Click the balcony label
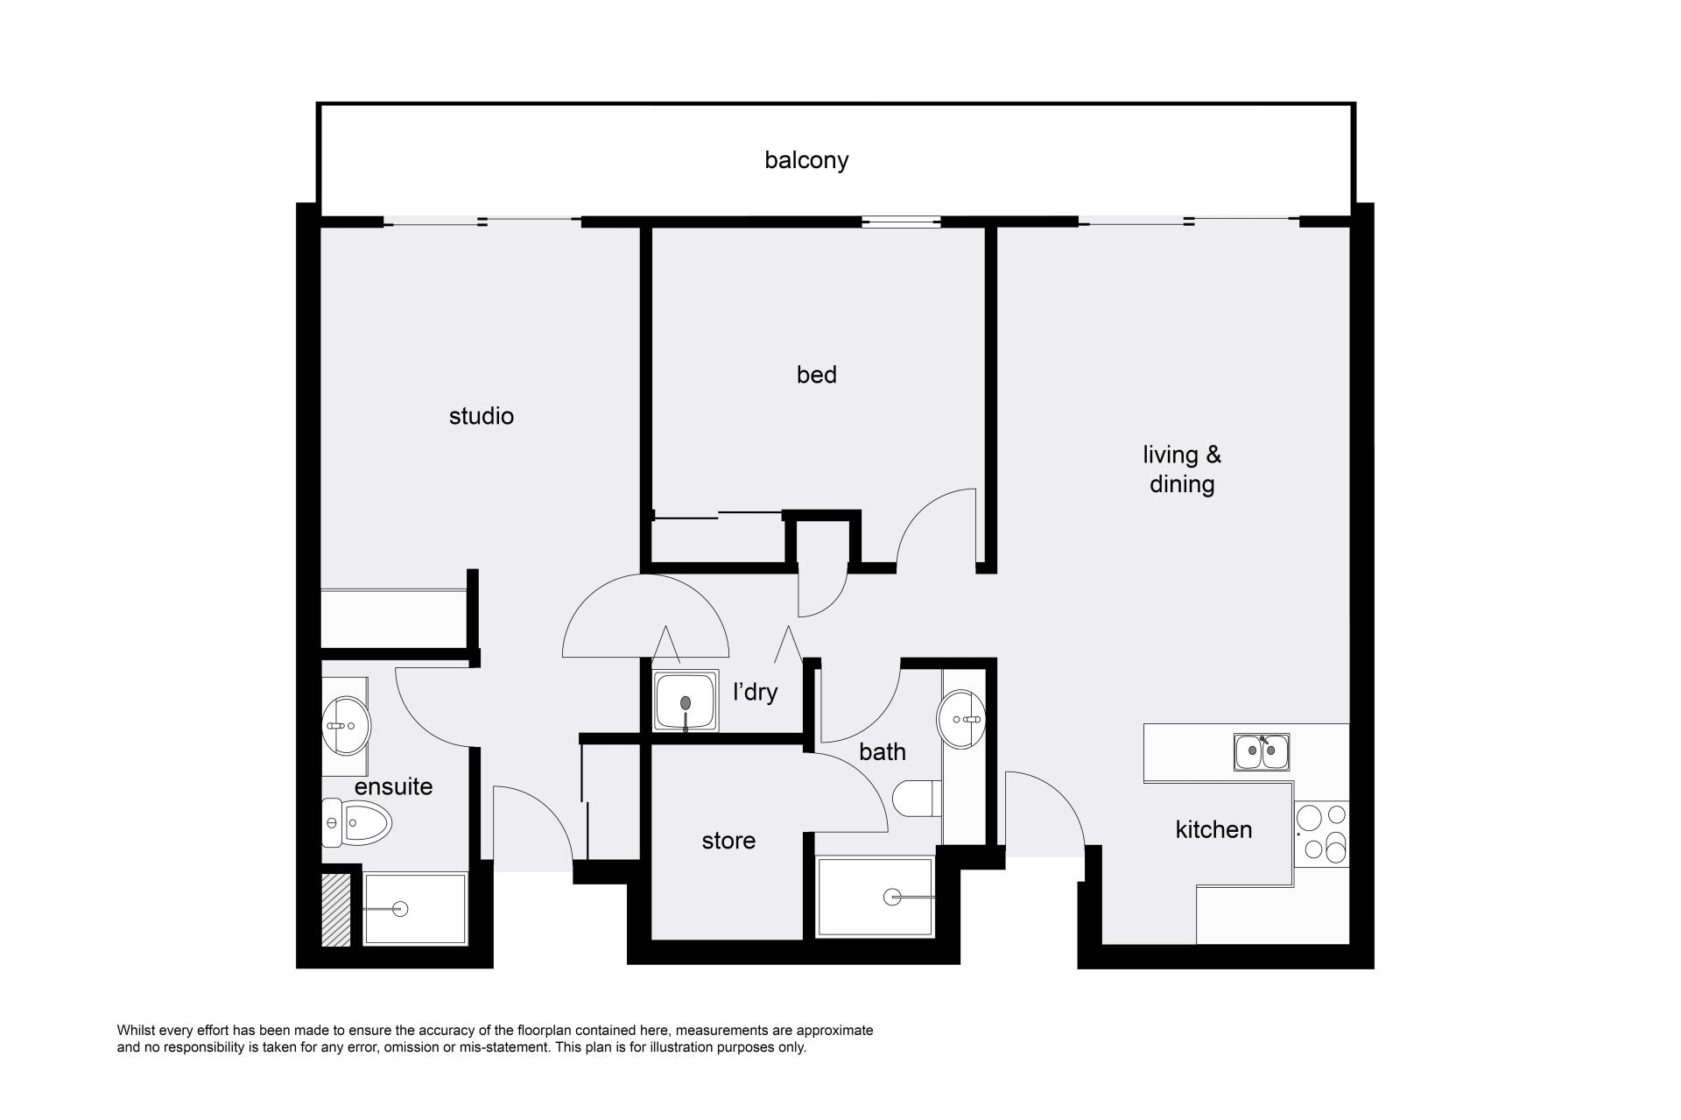coord(806,160)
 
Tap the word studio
coord(481,416)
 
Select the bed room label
coord(816,375)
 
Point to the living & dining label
coord(1182,469)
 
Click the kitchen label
coord(1213,829)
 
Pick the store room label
coord(728,841)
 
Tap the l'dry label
coord(755,692)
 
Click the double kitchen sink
coord(1262,751)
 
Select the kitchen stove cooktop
coord(1322,835)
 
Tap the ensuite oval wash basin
coord(347,725)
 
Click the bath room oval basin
coord(961,719)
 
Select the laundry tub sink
coord(686,701)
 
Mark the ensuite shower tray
coord(414,909)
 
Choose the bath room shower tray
coord(875,897)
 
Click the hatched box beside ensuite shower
coord(335,911)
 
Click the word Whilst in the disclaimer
coord(136,1031)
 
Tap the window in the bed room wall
coord(901,222)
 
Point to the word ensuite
coord(393,786)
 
